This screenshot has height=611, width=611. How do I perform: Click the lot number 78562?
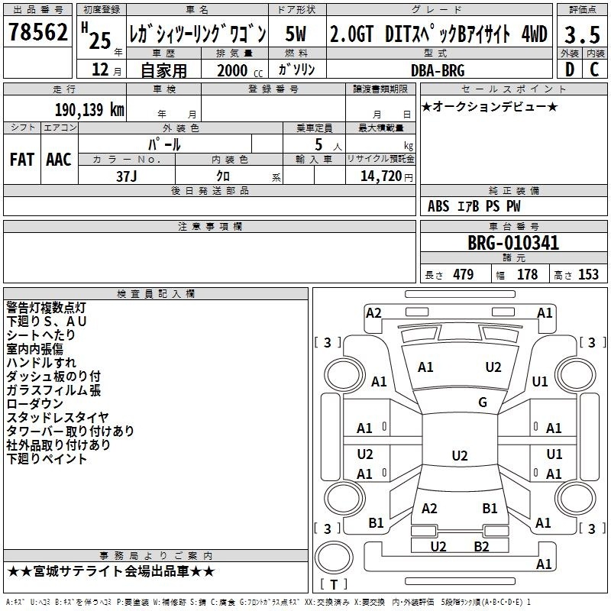(x=37, y=32)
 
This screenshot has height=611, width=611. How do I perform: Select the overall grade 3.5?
(x=582, y=34)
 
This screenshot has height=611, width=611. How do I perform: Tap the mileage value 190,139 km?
(x=89, y=109)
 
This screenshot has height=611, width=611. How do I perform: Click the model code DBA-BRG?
(x=438, y=70)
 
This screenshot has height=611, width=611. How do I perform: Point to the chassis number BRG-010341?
(x=513, y=243)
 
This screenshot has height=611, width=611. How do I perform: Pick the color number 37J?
(x=126, y=176)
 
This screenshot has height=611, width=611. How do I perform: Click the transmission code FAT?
(x=22, y=160)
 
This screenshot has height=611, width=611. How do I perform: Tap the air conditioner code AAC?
(x=59, y=160)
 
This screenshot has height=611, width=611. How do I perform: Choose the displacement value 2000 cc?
(x=240, y=70)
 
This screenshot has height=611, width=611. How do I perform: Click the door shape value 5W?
(x=296, y=34)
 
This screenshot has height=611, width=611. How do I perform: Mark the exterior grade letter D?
(x=570, y=70)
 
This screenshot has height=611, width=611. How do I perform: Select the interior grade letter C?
(x=594, y=70)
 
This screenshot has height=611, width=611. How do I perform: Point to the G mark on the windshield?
(x=483, y=402)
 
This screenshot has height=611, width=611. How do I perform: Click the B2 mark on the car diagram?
(x=481, y=546)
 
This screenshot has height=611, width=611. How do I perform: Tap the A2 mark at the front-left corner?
(x=373, y=313)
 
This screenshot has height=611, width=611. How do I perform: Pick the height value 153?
(x=588, y=274)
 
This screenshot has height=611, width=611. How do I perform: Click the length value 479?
(x=464, y=274)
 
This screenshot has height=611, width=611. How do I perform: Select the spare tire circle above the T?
(x=334, y=558)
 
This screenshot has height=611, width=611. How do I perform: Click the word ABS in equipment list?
(x=438, y=205)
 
